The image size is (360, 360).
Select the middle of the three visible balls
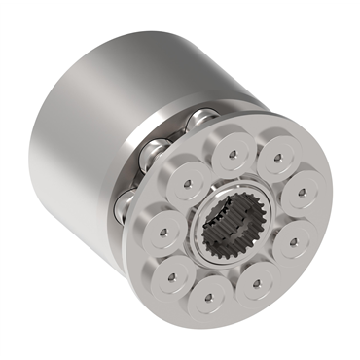pos(153,152)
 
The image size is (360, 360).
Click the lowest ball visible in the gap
pos(124,202)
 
